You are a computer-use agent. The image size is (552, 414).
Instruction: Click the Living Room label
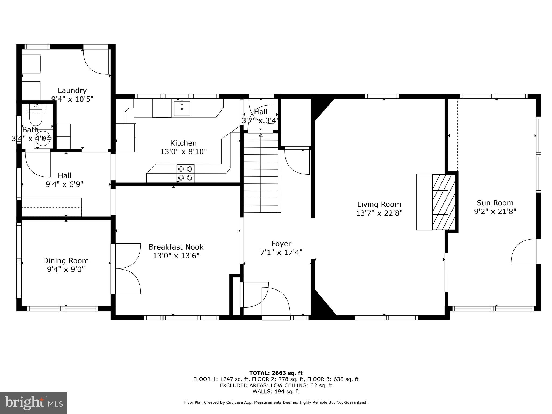[x=379, y=204]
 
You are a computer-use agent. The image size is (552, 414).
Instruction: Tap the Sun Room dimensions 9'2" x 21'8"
[x=495, y=212]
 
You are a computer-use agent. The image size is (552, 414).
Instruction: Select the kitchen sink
[x=182, y=108]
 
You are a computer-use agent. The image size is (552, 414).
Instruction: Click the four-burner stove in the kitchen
[x=185, y=173]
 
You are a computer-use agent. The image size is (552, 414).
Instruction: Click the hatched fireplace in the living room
[x=443, y=202]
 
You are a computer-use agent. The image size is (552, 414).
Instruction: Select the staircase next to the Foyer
[x=261, y=172]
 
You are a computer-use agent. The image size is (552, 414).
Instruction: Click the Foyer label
[x=281, y=244]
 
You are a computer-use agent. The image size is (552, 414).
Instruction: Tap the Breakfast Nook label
[x=176, y=247]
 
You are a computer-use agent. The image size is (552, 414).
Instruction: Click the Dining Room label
[x=66, y=261]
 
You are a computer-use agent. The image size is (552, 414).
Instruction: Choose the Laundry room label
[x=72, y=91]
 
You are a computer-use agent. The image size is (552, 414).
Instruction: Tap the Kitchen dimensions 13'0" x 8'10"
[x=183, y=152]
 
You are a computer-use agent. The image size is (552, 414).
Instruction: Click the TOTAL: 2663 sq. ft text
[x=276, y=373]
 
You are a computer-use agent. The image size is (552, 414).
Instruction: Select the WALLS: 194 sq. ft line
[x=276, y=392]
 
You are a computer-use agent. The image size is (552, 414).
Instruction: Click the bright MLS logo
[x=34, y=403]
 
